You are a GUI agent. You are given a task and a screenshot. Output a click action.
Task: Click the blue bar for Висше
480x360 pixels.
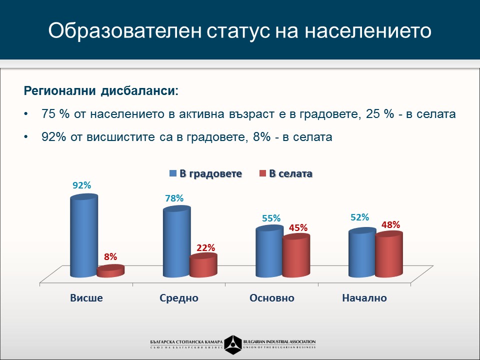coord(83,236)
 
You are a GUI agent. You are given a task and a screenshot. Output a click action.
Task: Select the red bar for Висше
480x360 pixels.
coord(110,271)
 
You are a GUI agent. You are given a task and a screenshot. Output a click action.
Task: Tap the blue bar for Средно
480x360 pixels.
coord(176,242)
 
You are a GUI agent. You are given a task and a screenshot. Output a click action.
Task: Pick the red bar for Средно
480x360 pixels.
coord(203,265)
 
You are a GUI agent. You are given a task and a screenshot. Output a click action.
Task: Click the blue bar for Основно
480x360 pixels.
coord(269,252)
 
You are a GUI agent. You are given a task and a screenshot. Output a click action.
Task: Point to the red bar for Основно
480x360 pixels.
coord(296,255)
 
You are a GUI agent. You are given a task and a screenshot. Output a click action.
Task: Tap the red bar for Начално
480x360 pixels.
coord(388,254)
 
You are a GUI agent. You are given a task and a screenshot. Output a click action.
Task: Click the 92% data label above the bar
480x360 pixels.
coord(81,185)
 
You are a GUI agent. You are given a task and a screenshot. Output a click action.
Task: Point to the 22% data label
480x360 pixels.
coord(205,247)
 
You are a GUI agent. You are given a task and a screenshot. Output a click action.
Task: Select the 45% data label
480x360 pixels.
coord(298,227)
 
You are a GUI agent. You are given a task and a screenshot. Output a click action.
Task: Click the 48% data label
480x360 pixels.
coord(390,225)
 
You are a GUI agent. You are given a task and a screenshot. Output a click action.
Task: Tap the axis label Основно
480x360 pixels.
coord(271,298)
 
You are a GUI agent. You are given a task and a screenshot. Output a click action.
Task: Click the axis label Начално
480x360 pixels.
coord(364,298)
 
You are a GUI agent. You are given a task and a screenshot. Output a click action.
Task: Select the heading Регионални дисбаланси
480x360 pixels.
coord(100,91)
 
